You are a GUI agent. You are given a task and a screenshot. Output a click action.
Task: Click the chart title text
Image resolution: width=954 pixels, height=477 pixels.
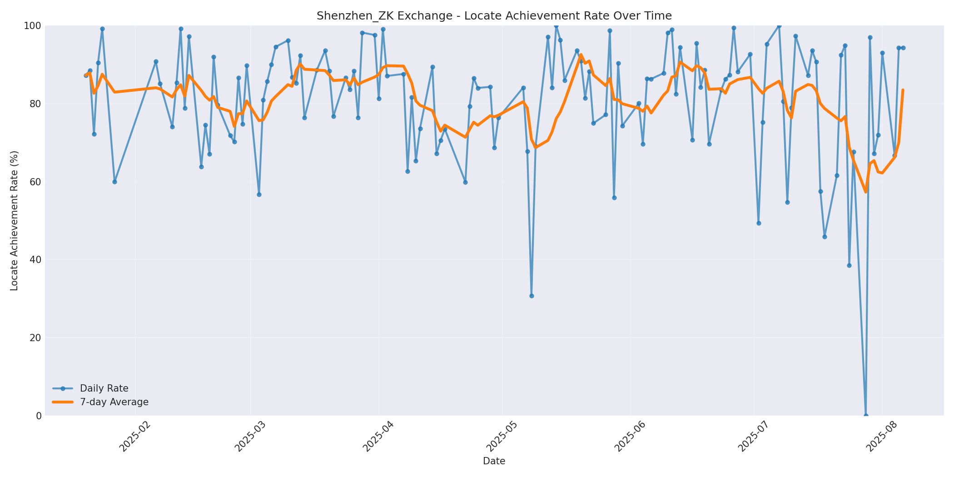tap(494, 16)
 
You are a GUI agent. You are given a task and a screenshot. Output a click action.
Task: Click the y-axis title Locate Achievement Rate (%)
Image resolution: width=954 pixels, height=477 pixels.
tap(14, 220)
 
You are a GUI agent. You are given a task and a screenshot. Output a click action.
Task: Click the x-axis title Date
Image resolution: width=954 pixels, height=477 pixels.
tap(494, 461)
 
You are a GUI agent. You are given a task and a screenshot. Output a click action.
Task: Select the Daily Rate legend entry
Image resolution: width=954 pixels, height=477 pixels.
tap(104, 388)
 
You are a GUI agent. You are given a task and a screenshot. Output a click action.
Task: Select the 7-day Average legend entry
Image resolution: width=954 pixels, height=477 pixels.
tap(114, 402)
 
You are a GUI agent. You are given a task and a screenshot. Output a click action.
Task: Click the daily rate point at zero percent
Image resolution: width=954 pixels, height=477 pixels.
tap(865, 415)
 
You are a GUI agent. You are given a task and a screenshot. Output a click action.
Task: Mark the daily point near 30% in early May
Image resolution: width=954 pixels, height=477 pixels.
tap(532, 296)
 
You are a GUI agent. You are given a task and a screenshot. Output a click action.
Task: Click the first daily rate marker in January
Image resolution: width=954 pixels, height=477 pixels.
tap(86, 75)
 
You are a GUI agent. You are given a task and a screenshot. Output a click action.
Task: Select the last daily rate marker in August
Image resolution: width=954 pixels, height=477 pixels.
tap(903, 48)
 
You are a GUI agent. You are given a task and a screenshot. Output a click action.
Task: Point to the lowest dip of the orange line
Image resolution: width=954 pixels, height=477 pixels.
tap(865, 192)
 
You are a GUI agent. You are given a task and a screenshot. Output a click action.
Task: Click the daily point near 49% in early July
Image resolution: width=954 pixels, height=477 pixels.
tap(758, 223)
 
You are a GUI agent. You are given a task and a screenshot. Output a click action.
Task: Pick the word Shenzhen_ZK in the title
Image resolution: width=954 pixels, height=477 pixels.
tap(346, 16)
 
